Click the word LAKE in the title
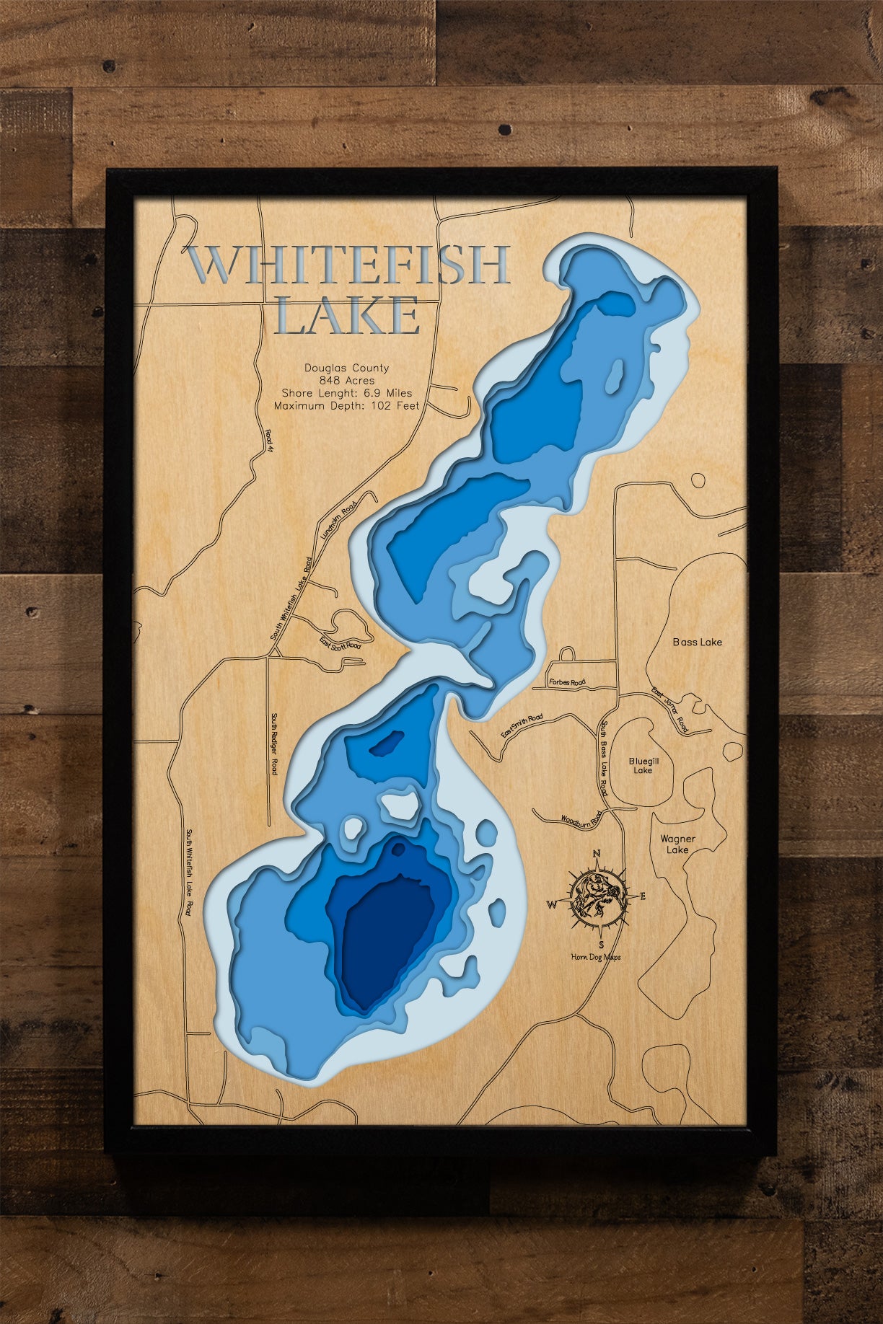pos(347,315)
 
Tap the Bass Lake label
pos(697,642)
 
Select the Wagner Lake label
pos(677,844)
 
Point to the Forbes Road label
pos(567,681)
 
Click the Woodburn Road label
pos(581,820)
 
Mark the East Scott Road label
pos(341,645)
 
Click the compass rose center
pos(597,897)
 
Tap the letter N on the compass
pos(597,855)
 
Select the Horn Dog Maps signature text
pos(595,957)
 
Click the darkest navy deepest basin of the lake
pos(386,937)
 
